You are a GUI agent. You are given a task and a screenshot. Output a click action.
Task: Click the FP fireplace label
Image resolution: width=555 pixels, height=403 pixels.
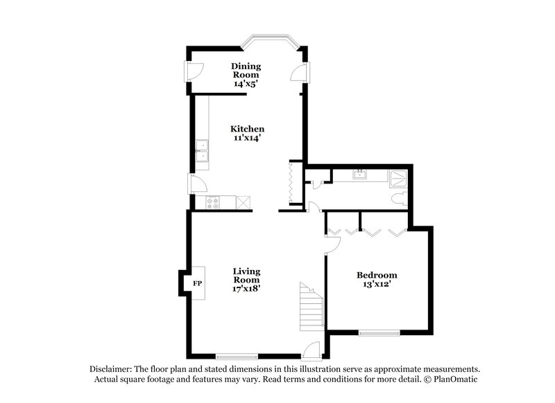(197, 283)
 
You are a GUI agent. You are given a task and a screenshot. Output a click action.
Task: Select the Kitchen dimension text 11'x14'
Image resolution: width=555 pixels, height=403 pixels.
(248, 138)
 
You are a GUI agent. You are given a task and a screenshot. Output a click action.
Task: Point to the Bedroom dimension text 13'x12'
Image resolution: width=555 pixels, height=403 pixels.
(377, 285)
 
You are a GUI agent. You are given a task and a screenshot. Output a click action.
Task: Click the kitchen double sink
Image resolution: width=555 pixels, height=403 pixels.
(203, 154)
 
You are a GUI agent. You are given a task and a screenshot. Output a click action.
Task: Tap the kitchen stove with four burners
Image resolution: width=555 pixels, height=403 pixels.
(213, 202)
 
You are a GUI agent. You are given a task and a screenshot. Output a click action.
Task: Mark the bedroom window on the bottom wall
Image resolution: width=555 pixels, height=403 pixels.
(379, 333)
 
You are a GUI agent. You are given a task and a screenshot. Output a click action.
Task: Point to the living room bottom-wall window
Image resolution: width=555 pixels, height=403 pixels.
(237, 357)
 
